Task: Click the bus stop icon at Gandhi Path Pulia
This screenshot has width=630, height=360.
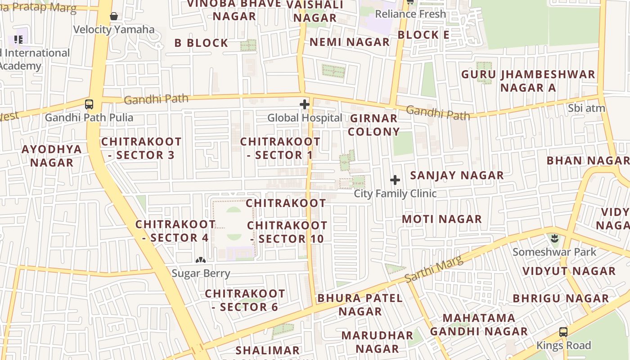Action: tap(89, 104)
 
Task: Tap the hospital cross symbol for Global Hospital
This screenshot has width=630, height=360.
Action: tap(305, 104)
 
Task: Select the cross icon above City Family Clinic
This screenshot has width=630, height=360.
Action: tap(395, 180)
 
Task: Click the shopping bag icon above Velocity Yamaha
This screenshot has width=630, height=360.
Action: tap(114, 17)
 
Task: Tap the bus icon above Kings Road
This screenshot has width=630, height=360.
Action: tap(563, 332)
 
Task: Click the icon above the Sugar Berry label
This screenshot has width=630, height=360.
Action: tap(201, 260)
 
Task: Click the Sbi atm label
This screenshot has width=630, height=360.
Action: tap(586, 108)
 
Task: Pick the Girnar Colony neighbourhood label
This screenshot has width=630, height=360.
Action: tap(373, 125)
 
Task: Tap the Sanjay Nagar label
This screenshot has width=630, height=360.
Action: tap(457, 175)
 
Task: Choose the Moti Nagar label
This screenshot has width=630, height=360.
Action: tap(441, 219)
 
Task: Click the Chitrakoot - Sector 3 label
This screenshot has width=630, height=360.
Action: tap(141, 148)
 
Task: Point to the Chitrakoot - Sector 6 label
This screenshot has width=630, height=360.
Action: tap(245, 300)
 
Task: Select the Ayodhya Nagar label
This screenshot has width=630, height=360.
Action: tap(52, 156)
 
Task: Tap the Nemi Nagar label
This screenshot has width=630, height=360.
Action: tap(350, 42)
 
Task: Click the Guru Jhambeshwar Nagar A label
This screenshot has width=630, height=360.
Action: tap(528, 81)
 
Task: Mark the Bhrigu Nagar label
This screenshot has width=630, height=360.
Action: tap(561, 298)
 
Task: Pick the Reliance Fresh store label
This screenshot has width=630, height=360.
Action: tap(410, 14)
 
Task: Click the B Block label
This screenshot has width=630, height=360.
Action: tap(201, 43)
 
